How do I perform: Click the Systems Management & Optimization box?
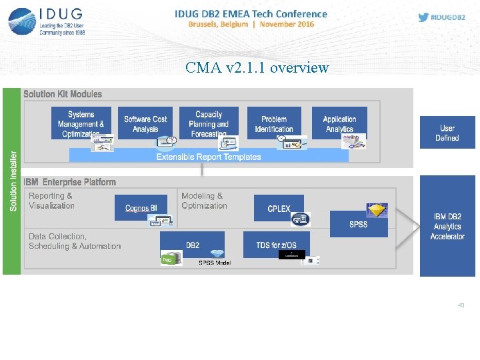tap(81, 123)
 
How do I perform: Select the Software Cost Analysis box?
tap(145, 123)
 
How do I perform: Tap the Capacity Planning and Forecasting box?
tap(209, 123)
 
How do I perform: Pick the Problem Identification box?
tap(274, 123)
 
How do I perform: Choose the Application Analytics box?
tap(339, 123)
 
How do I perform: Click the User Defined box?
tap(447, 133)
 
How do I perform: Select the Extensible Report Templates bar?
tap(209, 157)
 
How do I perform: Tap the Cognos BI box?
tap(141, 208)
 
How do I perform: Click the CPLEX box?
tap(279, 208)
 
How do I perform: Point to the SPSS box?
tap(359, 224)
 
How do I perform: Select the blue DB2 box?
tap(193, 245)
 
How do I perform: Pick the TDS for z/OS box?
tap(276, 245)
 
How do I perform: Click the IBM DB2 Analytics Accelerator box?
tap(447, 226)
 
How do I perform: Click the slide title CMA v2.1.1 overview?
tap(257, 67)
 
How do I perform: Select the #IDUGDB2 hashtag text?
tap(449, 17)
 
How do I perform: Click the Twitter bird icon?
tap(423, 17)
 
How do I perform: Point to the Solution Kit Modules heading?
tap(63, 94)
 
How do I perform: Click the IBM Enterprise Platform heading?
tap(70, 182)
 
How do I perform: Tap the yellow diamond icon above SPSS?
tap(377, 210)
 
